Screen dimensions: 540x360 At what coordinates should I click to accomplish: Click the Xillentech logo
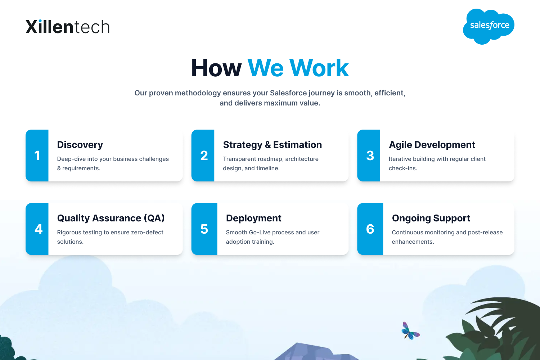[x=68, y=27]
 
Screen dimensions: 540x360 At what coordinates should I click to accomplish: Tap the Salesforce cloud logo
[x=489, y=26]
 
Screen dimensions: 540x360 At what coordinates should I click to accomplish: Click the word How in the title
[x=216, y=68]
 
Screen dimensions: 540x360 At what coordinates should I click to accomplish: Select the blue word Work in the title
[x=319, y=68]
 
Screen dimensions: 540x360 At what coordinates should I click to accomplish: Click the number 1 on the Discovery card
[x=37, y=156]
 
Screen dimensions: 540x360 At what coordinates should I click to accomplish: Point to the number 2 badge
[x=204, y=156]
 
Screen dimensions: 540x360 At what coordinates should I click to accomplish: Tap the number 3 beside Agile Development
[x=370, y=156]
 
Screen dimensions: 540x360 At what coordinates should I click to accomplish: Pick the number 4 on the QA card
[x=39, y=229]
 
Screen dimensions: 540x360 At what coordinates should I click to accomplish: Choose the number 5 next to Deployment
[x=204, y=229]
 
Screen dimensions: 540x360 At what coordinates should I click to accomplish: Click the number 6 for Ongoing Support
[x=370, y=229]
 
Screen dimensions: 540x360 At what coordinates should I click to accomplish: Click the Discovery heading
[x=80, y=145]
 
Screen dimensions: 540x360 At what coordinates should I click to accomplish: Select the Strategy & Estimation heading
[x=273, y=145]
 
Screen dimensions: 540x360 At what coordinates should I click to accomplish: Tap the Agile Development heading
[x=432, y=145]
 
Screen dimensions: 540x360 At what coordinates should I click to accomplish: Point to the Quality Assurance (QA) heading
[x=111, y=218]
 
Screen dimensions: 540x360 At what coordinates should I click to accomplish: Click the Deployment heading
[x=253, y=218]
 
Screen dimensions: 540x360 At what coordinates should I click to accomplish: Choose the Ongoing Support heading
[x=431, y=218]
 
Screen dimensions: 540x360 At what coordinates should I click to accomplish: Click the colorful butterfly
[x=410, y=331]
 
